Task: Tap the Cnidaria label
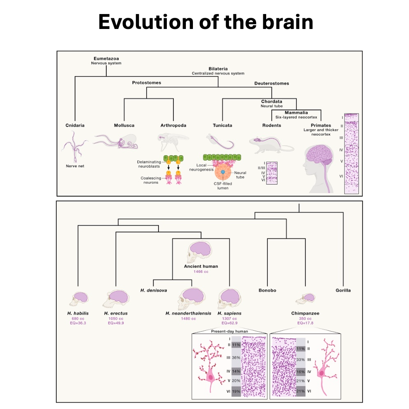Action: click(x=75, y=125)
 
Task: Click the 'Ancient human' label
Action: click(x=201, y=266)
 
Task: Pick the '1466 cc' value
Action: click(x=201, y=272)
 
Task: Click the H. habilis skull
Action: click(x=80, y=298)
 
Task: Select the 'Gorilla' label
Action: click(x=343, y=290)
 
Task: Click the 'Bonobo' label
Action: click(x=267, y=290)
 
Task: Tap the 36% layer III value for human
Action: click(x=236, y=358)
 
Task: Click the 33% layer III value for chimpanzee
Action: click(x=301, y=359)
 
